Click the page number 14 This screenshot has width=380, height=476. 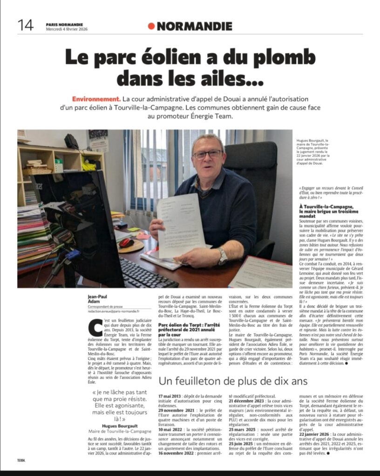[x=26, y=25]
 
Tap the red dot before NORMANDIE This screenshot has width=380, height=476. [x=151, y=26]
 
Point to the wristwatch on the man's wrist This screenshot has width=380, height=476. [x=223, y=256]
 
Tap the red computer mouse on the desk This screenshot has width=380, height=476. [x=126, y=243]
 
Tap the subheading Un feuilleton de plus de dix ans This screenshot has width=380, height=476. [x=233, y=381]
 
